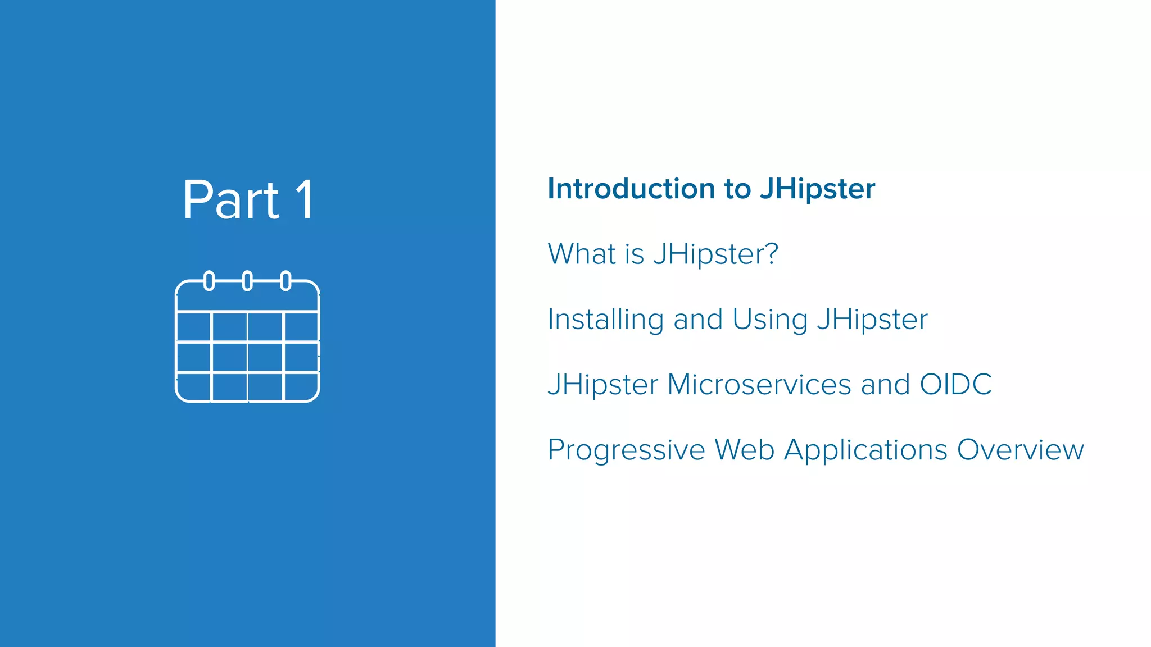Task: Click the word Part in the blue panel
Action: [x=230, y=200]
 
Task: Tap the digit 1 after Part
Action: [x=305, y=200]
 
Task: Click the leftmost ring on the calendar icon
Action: [x=209, y=280]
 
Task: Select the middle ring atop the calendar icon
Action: [x=247, y=280]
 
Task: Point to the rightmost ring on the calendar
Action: [x=286, y=280]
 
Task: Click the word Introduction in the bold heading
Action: [x=632, y=189]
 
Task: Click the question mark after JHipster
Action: [x=771, y=253]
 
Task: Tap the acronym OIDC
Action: [x=955, y=385]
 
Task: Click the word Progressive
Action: [x=626, y=450]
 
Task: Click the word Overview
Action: [x=1020, y=450]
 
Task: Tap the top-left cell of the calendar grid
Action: [x=194, y=326]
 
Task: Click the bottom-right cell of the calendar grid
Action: [x=301, y=387]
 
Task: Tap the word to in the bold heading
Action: [x=737, y=189]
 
